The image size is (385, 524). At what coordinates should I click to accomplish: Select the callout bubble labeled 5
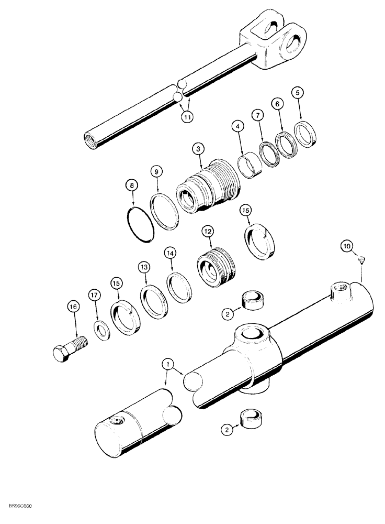(x=298, y=93)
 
